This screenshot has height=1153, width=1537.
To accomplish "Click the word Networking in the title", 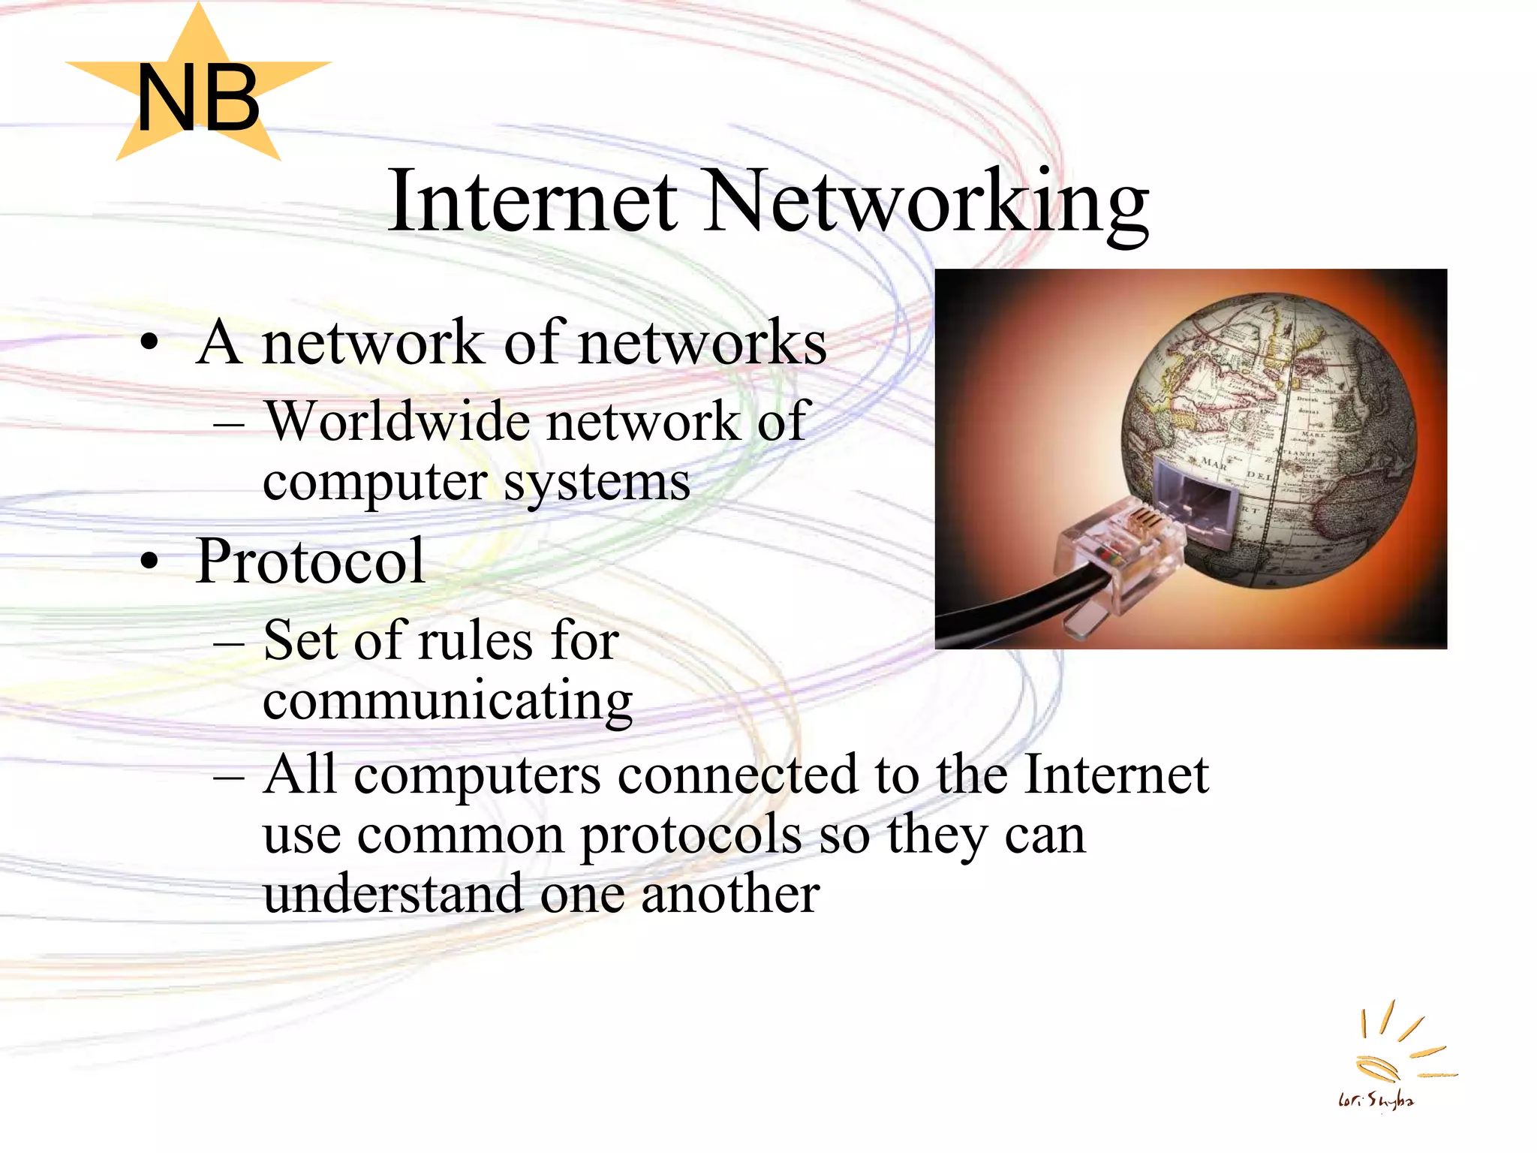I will pos(928,203).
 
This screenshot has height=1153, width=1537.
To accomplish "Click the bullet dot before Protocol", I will pos(150,561).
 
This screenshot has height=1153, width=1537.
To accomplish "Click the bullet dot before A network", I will pos(150,344).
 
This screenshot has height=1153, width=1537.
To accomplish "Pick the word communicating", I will pos(447,701).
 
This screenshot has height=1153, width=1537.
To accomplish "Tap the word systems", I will pos(597,482).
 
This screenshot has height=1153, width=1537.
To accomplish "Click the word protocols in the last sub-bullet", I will pos(690,835).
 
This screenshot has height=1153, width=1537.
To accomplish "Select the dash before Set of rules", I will pos(228,644).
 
